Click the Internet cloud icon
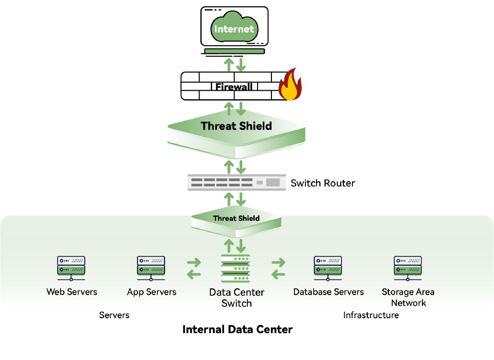pos(234,29)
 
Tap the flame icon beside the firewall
pos(290,85)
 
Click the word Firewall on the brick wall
pos(234,87)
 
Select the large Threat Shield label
pos(236,126)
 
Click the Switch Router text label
pos(323,183)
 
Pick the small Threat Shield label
pos(236,218)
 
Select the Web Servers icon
pos(71,268)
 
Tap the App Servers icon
pos(152,268)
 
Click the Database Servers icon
pos(328,268)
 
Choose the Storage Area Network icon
pos(408,268)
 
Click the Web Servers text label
pos(72,292)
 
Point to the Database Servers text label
pos(329,292)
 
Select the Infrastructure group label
pos(371,315)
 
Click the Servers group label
pos(114,315)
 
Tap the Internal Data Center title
pos(237,330)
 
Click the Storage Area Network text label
pos(408,297)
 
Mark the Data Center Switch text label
pos(236,298)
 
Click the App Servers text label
pos(152,292)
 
